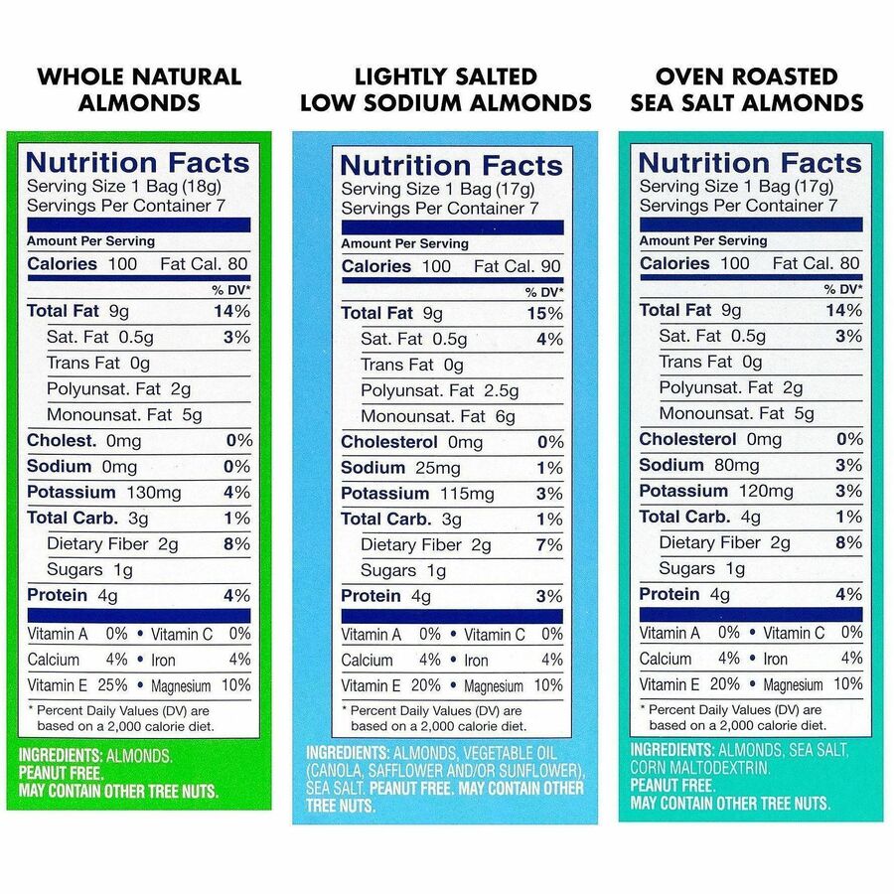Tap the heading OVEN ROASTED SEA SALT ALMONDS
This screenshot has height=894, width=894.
[x=746, y=89]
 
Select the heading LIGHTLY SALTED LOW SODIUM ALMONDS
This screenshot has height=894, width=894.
[x=446, y=89]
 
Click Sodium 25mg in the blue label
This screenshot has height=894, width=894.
[x=400, y=468]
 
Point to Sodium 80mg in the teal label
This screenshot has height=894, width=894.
[x=699, y=465]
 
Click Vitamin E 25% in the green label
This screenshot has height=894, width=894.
[x=76, y=685]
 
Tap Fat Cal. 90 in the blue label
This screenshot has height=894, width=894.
[x=518, y=266]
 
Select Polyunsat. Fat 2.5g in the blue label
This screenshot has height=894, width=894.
[x=439, y=390]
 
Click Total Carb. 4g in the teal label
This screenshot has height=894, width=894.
[x=699, y=517]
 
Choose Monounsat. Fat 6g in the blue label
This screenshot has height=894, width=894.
[x=438, y=416]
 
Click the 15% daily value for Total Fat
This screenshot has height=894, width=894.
[x=547, y=313]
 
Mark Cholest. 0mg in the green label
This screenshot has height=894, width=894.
[x=84, y=441]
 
